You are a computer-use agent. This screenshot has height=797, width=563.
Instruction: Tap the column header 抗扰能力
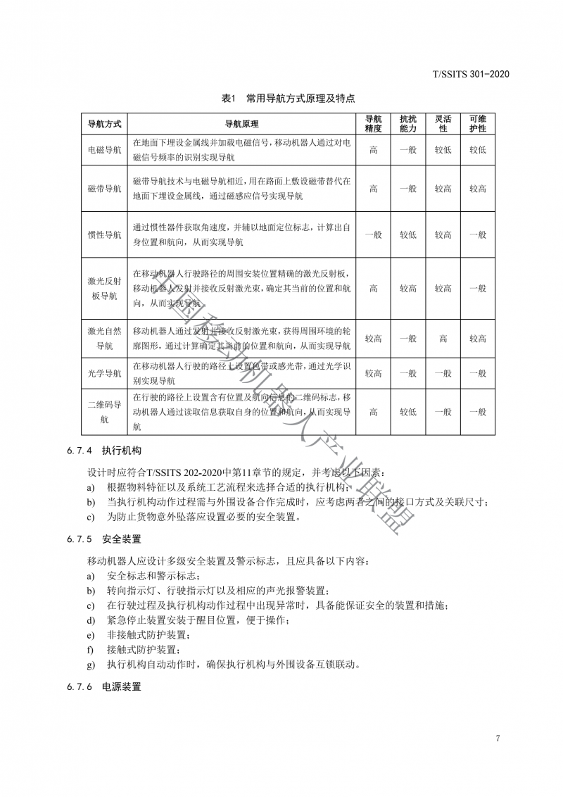[408, 124]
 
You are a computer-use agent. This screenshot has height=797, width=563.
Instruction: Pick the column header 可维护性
[478, 124]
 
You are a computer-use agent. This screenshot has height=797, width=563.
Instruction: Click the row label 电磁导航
[104, 149]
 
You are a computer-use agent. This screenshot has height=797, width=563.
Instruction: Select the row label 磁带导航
[104, 189]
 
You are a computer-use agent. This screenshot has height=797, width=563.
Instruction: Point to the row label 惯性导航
[104, 234]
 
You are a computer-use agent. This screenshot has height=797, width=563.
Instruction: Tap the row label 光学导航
[104, 373]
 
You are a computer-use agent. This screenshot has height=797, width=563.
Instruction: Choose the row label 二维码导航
[104, 412]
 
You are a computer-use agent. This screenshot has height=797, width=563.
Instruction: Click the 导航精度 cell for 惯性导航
[373, 234]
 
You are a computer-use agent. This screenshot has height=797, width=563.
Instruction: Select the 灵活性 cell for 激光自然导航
[443, 339]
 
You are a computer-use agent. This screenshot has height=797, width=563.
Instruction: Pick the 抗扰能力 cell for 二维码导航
[408, 412]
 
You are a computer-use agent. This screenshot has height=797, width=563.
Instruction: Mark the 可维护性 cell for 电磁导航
[478, 149]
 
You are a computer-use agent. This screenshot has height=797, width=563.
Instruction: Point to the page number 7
[498, 738]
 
